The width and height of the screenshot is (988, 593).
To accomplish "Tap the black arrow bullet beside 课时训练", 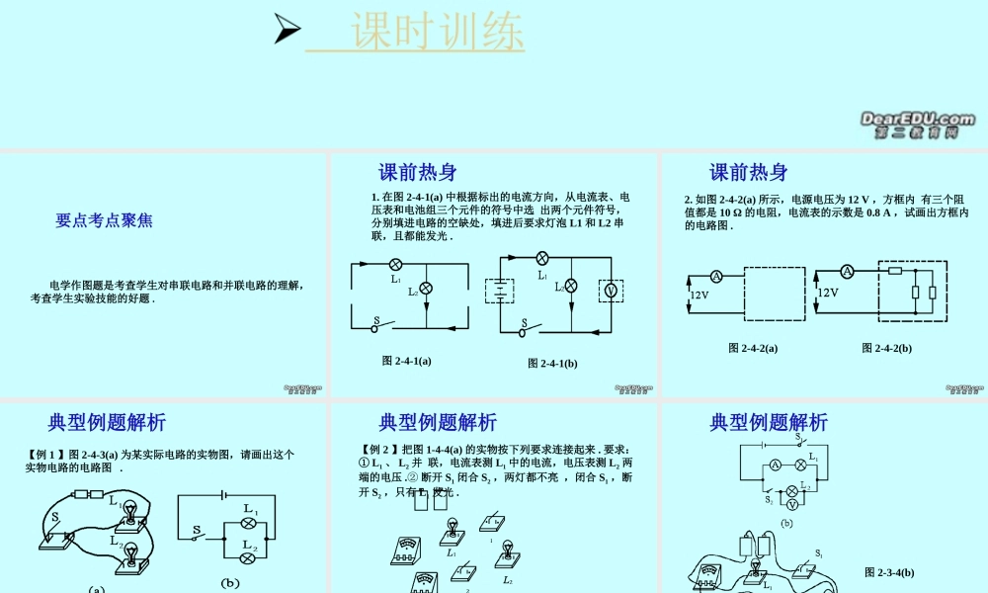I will pos(287,30).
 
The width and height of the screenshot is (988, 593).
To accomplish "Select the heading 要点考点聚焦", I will pos(104,220).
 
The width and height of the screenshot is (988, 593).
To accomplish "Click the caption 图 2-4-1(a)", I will pos(406,361).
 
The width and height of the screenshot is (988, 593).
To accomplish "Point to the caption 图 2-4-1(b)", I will pos(552,364).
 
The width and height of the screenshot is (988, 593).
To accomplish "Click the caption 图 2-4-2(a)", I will pos(752,348).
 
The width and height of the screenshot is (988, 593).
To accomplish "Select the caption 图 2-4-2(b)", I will pos(886,348).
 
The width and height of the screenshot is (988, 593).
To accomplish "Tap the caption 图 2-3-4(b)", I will pos(888,572).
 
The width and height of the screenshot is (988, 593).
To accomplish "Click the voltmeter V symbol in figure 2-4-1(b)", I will pos(610,290).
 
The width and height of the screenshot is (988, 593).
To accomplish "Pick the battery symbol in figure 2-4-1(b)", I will pos(501,291).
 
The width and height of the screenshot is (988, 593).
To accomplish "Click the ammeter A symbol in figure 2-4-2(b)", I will pos(847,271).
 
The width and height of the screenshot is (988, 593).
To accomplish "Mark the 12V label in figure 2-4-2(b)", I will pos(827,293).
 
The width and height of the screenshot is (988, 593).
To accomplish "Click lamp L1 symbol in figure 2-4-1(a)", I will pos(395,265).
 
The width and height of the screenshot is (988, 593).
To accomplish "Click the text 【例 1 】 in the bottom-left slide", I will pos(45,455).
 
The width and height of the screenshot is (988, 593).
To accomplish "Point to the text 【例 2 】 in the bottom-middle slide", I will pos(378,450).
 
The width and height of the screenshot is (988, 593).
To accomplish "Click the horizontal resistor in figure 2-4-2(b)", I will pos(895,270).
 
